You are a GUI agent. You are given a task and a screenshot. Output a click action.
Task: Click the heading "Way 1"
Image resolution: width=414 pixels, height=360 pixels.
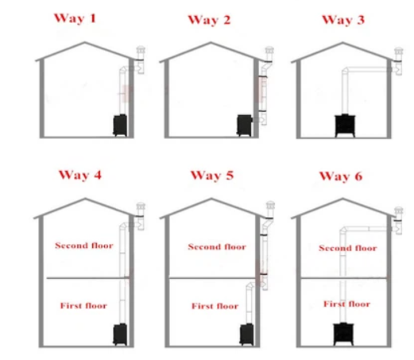point(75,18)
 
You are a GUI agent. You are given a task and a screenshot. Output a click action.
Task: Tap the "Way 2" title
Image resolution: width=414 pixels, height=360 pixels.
point(209,20)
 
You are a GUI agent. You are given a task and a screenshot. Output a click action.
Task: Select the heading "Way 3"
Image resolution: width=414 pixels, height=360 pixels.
point(343,20)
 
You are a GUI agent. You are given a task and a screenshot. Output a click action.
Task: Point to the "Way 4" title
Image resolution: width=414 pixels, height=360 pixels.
point(80,175)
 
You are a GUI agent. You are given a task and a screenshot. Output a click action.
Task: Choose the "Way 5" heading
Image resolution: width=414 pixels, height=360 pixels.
point(212,176)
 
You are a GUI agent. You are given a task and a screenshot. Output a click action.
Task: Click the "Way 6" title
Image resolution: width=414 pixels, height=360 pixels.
point(341,176)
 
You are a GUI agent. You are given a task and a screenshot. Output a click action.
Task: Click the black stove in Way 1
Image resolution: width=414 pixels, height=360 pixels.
point(120,126)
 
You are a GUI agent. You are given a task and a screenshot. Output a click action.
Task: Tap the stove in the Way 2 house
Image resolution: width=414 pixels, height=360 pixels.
point(244,126)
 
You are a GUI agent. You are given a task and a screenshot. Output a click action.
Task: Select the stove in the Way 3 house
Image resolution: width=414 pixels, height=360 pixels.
point(345,126)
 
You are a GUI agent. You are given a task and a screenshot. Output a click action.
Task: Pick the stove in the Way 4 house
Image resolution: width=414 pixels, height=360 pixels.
point(120,335)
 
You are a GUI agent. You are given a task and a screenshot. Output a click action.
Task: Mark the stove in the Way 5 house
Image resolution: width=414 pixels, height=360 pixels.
point(246,335)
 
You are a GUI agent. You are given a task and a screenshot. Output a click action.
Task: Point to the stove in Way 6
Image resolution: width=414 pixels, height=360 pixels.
point(343,334)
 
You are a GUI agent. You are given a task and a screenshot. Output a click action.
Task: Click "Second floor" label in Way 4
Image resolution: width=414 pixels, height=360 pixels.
point(84,246)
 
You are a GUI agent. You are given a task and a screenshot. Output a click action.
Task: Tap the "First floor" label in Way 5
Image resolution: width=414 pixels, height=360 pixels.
point(215,306)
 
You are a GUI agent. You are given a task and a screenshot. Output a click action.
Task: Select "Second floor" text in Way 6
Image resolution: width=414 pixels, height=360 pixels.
point(348,248)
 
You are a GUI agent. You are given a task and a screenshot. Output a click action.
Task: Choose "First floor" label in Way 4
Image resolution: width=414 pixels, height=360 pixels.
point(83,306)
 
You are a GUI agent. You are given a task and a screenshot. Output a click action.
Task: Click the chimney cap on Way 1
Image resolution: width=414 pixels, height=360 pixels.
point(141,49)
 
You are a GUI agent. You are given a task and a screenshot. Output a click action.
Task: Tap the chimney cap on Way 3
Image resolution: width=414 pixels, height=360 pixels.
point(399,51)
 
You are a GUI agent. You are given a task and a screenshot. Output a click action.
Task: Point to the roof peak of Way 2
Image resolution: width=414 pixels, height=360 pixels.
point(211,42)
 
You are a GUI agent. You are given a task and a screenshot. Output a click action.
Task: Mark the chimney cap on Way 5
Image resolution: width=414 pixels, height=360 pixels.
point(270,205)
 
